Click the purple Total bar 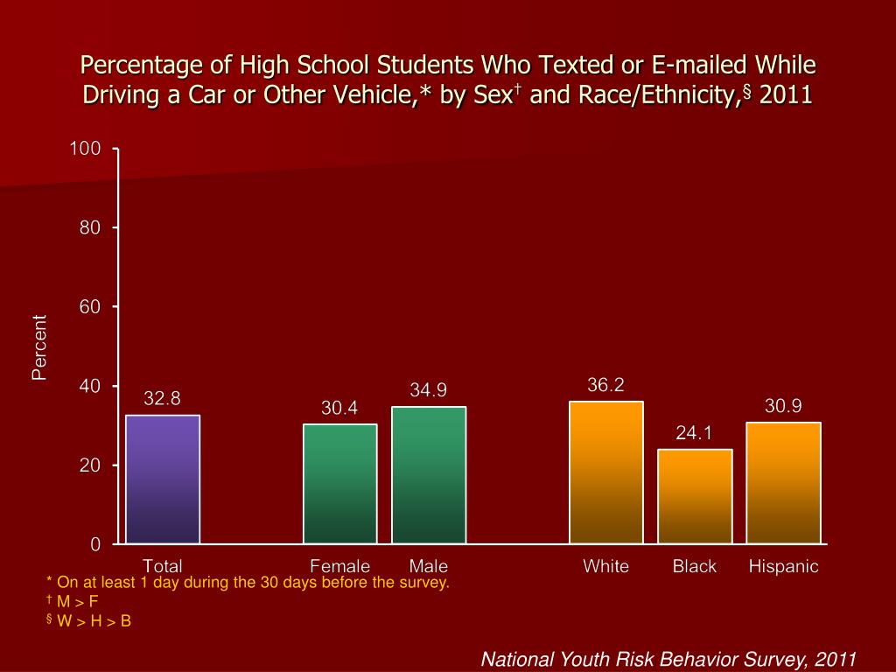[163, 479]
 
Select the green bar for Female [340, 484]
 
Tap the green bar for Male [429, 475]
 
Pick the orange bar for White [606, 472]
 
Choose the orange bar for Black [695, 496]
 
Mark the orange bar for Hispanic [783, 483]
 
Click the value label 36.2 [605, 385]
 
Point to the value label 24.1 [694, 433]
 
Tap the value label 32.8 [162, 399]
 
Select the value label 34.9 [429, 390]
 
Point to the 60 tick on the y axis [92, 307]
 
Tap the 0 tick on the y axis [95, 544]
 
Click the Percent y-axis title [38, 347]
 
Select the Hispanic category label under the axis [783, 567]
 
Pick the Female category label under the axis [340, 567]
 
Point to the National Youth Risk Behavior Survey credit [668, 659]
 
